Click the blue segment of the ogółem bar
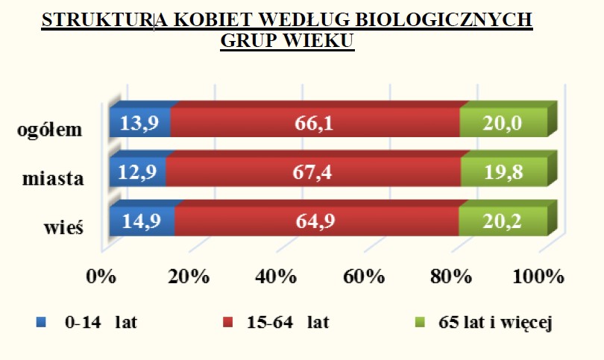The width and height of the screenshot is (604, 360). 140,122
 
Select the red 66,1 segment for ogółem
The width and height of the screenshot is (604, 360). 315,122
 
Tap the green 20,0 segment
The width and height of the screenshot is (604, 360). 503,122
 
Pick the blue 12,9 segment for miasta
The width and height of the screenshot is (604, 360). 137,171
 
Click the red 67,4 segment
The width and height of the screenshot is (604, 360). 313,171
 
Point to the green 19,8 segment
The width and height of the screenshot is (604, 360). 504,171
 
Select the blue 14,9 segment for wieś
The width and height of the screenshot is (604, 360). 142,221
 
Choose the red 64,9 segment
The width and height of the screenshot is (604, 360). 317,221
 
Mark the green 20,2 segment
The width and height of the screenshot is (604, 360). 503,221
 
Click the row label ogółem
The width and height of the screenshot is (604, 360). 50,130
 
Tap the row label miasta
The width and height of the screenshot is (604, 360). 53,179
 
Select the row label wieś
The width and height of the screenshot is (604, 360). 64,227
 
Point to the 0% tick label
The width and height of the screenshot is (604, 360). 101,277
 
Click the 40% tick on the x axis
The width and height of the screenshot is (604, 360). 276,277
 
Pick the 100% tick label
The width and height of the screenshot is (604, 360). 538,277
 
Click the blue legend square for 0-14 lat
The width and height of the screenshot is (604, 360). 41,322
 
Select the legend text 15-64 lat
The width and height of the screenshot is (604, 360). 288,322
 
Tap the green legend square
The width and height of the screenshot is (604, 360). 420,322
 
